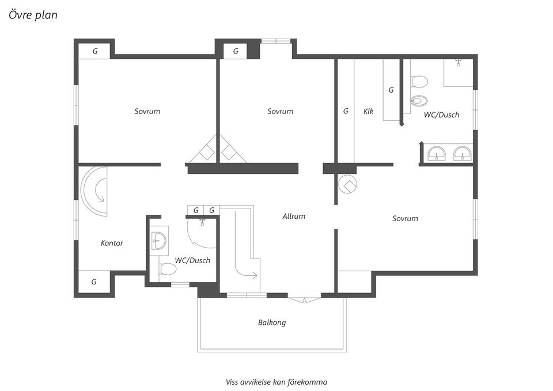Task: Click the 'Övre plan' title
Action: (x=33, y=15)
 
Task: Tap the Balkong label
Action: (x=272, y=322)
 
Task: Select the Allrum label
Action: (x=294, y=216)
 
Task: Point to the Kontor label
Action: (x=112, y=243)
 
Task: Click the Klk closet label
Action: (x=368, y=111)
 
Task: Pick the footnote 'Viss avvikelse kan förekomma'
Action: (x=276, y=382)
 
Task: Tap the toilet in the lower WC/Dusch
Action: (x=168, y=269)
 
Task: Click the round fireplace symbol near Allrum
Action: (x=347, y=184)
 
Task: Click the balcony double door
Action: (x=305, y=300)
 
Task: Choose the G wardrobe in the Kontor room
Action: (x=94, y=282)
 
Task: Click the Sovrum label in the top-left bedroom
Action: (x=147, y=111)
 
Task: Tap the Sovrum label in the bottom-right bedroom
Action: (x=405, y=219)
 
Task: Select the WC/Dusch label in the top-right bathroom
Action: (x=442, y=115)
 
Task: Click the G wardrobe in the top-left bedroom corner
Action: (x=94, y=51)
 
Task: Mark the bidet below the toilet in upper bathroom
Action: (x=419, y=101)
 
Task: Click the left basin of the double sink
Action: (x=437, y=154)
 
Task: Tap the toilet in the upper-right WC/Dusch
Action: (x=419, y=82)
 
